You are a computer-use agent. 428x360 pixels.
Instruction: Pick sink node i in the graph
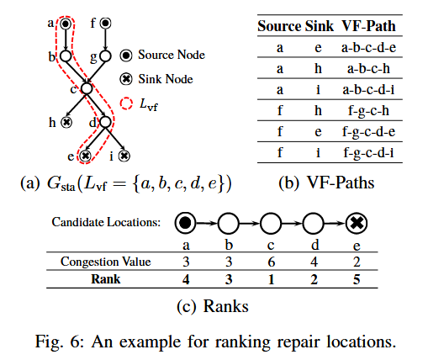tap(124, 156)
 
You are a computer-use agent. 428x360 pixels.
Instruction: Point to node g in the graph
tap(105, 57)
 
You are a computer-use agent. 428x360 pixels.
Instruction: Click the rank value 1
tap(271, 278)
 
